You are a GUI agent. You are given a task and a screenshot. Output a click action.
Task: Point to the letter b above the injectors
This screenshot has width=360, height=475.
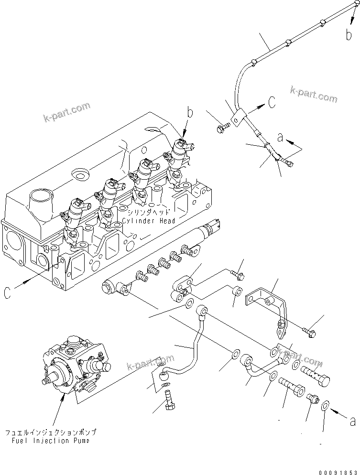click(x=190, y=113)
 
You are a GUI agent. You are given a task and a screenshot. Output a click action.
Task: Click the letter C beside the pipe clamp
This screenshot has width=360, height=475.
click(x=271, y=101)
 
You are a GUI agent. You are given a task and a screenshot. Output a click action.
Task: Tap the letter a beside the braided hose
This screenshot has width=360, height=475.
click(x=281, y=138)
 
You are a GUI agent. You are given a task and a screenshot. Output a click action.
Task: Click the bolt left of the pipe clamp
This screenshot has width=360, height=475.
click(x=222, y=127)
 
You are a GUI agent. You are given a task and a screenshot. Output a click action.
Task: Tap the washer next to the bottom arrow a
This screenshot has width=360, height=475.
click(x=325, y=406)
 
